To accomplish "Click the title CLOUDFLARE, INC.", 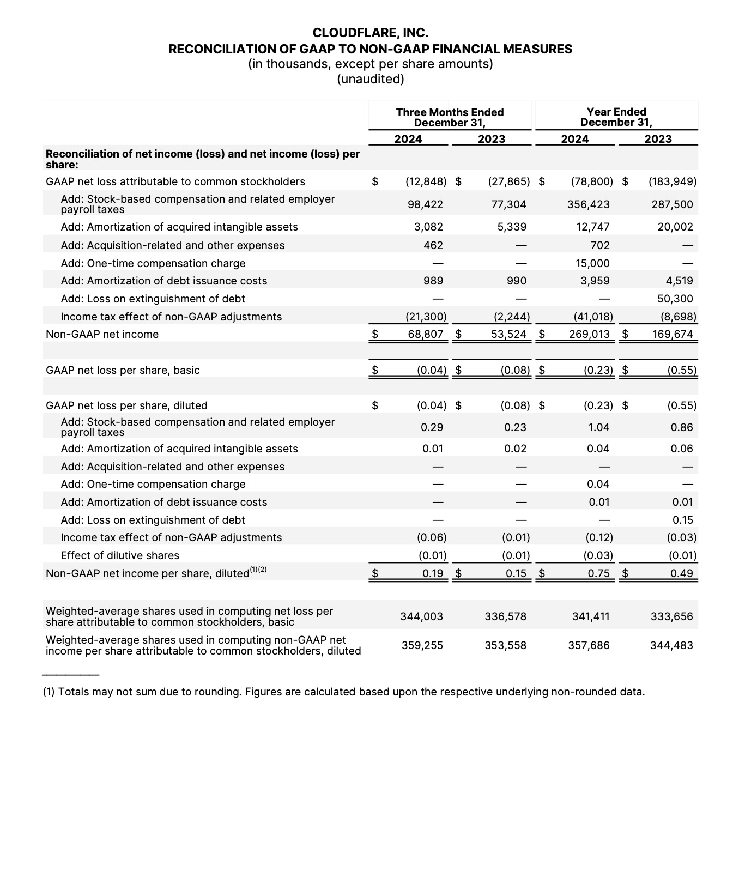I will pos(371,33).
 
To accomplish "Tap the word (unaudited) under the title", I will pos(371,79).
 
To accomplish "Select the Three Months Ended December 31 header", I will pos(450,117).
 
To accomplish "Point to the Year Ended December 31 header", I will pos(616,117).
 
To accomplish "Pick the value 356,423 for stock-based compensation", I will pos(589,204).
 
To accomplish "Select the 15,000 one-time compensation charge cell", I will pos(593,263).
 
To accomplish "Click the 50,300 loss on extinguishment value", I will pos(676,299).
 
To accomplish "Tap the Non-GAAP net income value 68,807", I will pos(426,334).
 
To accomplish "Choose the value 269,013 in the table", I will pos(590,334).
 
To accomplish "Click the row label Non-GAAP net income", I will pos(102,334).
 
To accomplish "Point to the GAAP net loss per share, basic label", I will pos(123,370).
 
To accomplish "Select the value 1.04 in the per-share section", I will pos(599,427).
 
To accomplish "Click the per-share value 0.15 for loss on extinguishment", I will pos(683,520).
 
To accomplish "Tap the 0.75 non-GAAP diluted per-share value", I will pos(599,573).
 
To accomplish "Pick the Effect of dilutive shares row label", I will pos(120,555).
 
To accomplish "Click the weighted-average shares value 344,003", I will pos(422,616).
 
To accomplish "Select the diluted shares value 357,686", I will pos(589,645).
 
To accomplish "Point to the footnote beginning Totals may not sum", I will pos(343,692).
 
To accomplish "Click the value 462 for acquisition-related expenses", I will pos(433,245).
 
